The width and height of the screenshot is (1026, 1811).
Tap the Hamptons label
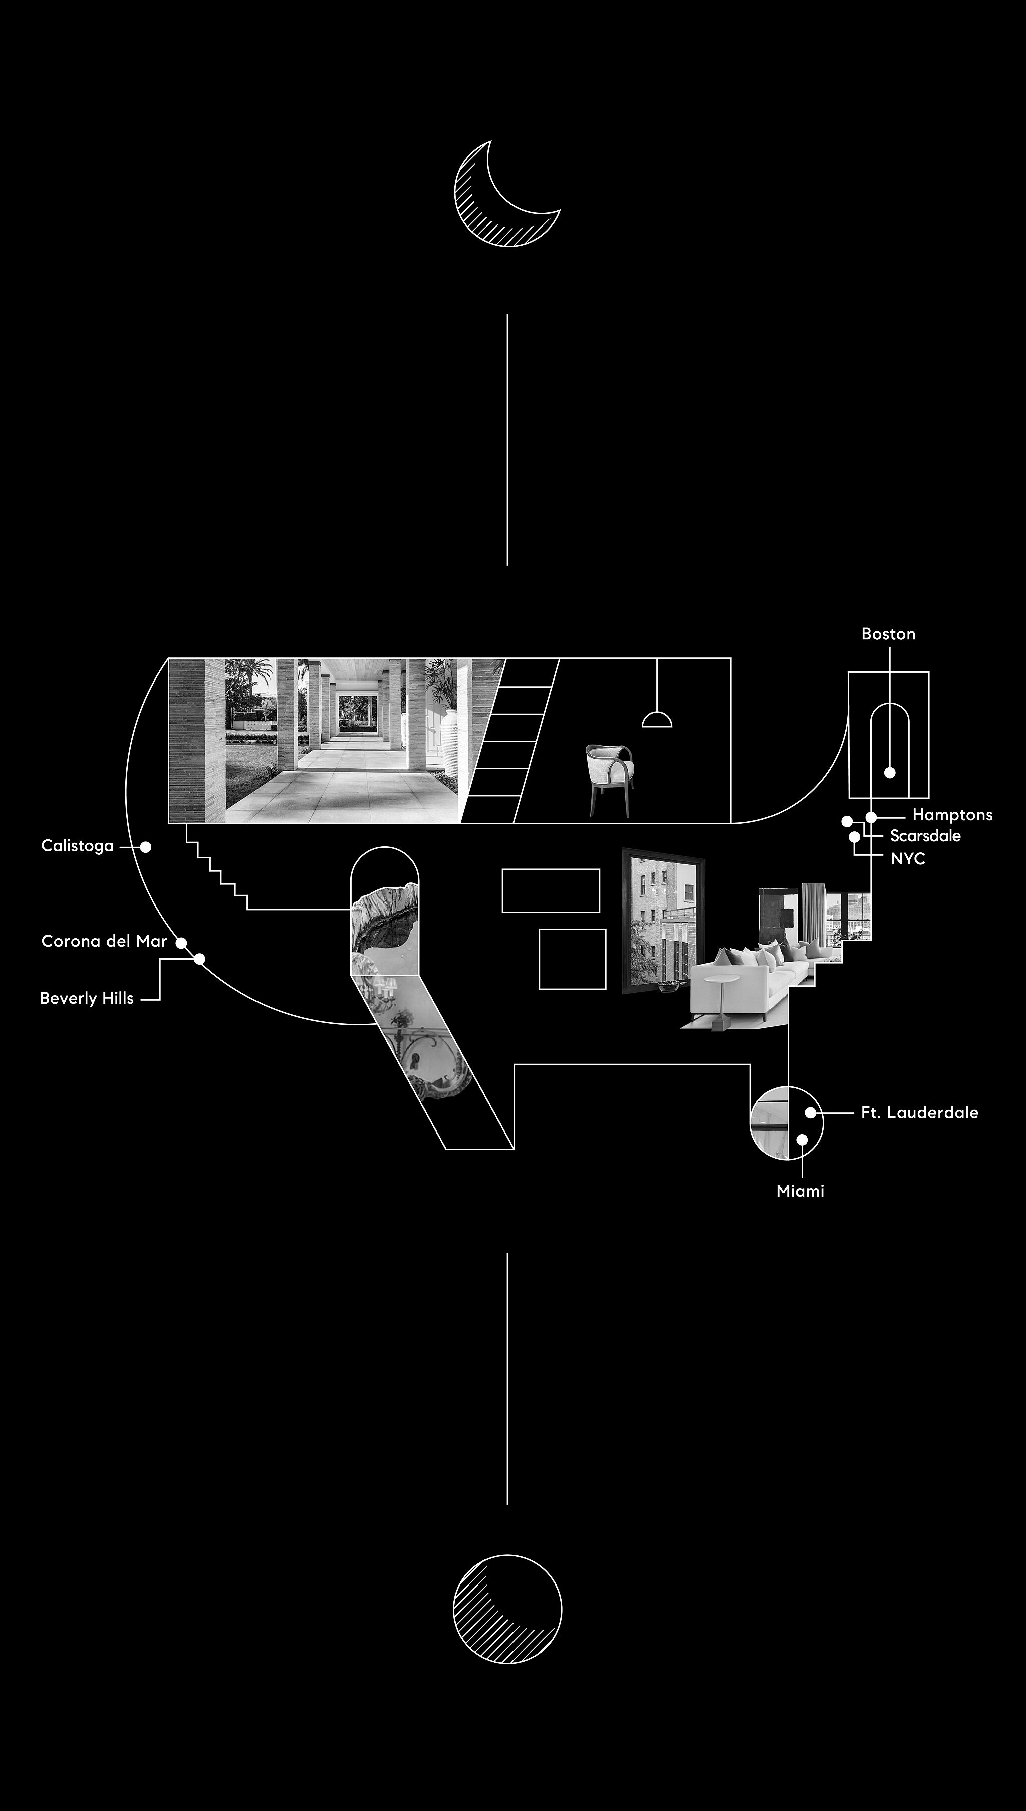pos(952,815)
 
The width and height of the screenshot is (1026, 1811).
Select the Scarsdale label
pos(925,836)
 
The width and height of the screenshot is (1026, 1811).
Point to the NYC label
pos(908,858)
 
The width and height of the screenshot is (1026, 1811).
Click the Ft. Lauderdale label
pos(920,1112)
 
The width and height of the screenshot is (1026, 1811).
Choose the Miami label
pos(800,1191)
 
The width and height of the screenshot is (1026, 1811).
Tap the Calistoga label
pos(78,845)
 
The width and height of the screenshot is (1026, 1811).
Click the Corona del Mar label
pos(104,941)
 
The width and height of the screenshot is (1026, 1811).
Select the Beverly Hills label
pos(87,998)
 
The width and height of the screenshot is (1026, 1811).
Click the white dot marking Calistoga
pos(145,847)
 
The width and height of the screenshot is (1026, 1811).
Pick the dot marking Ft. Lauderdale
pos(811,1112)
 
